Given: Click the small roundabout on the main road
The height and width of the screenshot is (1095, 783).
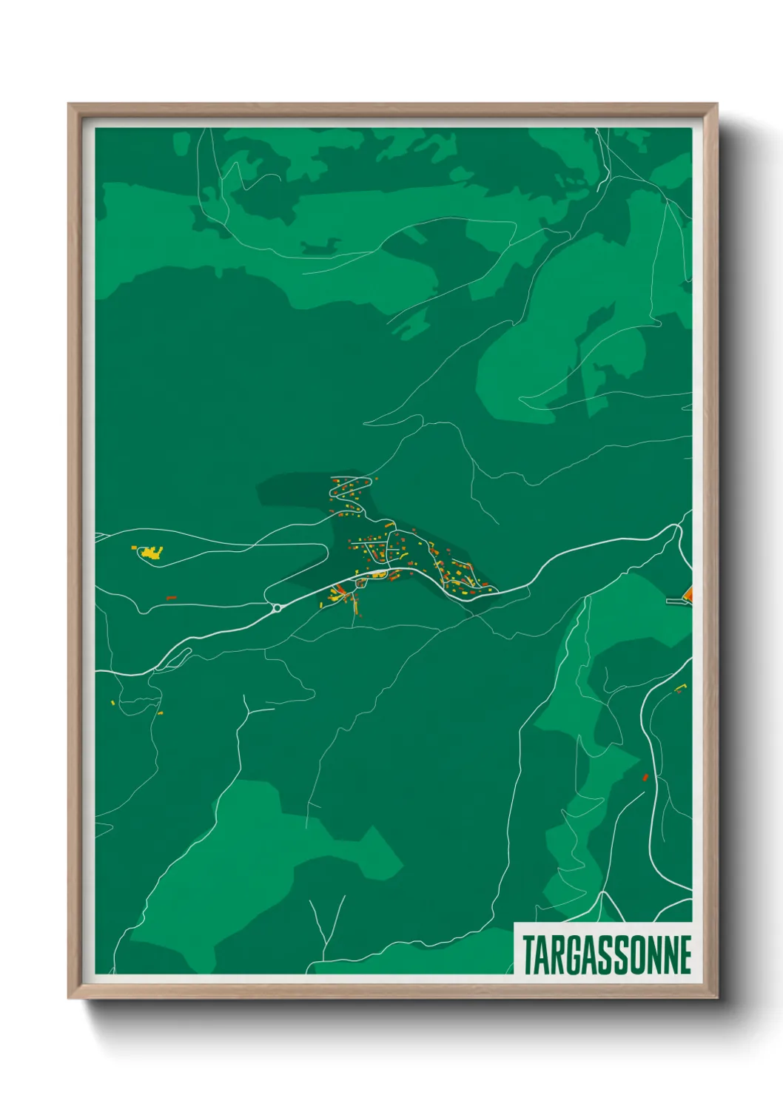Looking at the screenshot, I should pyautogui.click(x=277, y=608).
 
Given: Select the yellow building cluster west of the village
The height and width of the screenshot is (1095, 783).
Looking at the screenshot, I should pyautogui.click(x=150, y=553).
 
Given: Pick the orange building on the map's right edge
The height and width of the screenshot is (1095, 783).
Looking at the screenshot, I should pyautogui.click(x=688, y=593).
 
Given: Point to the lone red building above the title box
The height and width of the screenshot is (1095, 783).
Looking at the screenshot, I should pyautogui.click(x=645, y=777).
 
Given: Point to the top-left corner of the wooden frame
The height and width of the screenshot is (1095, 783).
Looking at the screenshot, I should pyautogui.click(x=70, y=105).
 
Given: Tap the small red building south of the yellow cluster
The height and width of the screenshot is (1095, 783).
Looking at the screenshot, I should pyautogui.click(x=171, y=597).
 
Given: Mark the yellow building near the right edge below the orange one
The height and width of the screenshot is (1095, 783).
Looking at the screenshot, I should pyautogui.click(x=679, y=689).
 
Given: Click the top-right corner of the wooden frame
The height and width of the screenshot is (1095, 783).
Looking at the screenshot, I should pyautogui.click(x=716, y=105).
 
